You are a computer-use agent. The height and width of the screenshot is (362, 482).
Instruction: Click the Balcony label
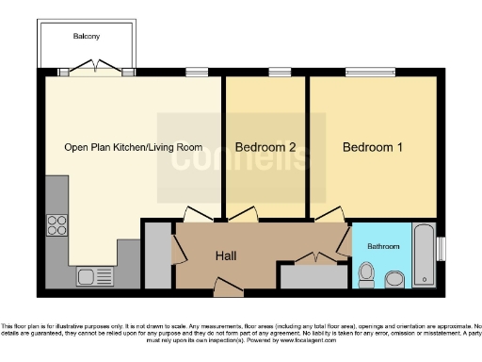point(87,37)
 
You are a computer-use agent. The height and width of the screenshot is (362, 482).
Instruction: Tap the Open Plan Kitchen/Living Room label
point(133,147)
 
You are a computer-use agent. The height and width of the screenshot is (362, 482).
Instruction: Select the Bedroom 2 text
point(266,147)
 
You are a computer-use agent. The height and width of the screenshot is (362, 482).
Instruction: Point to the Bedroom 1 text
point(373,147)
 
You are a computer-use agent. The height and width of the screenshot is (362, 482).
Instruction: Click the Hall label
point(226,255)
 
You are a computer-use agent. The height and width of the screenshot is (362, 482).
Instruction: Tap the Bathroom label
point(382,246)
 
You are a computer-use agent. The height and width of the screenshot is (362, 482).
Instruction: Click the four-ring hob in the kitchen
point(56,225)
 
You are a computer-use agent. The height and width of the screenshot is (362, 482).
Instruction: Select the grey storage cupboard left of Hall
point(157,255)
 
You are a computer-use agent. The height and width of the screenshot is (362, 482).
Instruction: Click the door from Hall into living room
point(198,214)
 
